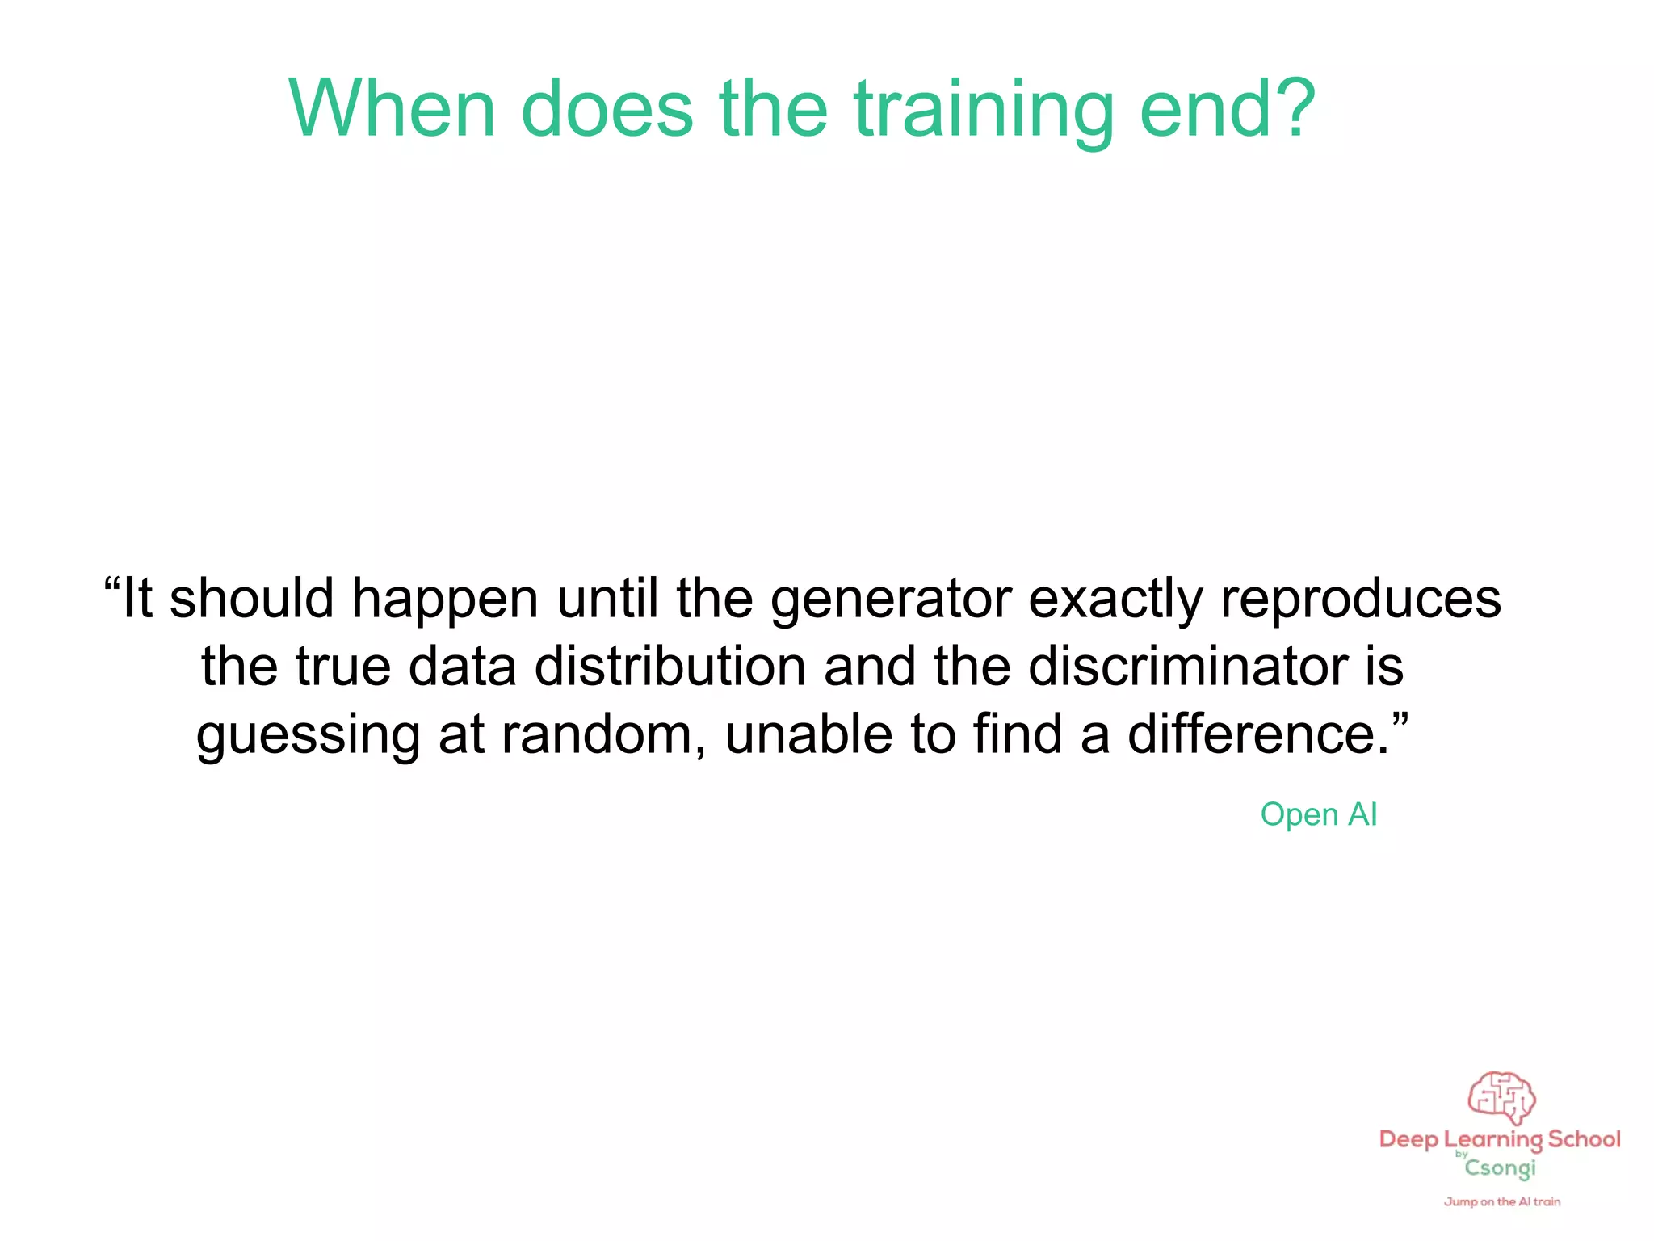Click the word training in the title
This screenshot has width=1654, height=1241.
click(x=984, y=111)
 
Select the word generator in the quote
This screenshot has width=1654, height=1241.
click(x=891, y=599)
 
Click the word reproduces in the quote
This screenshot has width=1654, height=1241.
click(x=1360, y=599)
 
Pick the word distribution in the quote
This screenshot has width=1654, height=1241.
click(x=670, y=667)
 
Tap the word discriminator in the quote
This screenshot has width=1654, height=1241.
click(x=1188, y=667)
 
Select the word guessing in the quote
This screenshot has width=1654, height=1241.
click(x=309, y=735)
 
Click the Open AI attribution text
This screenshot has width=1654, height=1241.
click(x=1318, y=814)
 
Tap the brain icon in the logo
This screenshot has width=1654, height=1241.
click(x=1501, y=1097)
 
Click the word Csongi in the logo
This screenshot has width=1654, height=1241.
click(x=1500, y=1168)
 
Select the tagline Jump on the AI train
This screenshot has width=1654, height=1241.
click(x=1502, y=1202)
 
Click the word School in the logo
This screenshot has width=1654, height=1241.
click(x=1584, y=1139)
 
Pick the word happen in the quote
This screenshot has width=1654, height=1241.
click(x=445, y=599)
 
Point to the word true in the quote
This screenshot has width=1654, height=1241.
click(x=343, y=667)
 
